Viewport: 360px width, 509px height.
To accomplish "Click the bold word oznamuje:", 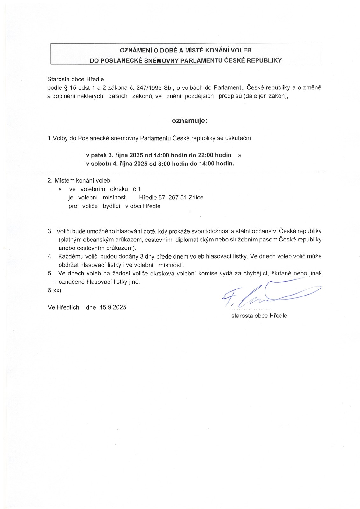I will (x=189, y=121).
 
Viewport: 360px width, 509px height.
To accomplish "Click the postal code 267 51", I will (x=178, y=198).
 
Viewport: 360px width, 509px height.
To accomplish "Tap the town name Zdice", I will (x=196, y=198).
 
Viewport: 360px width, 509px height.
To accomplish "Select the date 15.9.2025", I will (x=113, y=307).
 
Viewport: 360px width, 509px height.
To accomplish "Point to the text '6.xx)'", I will (x=54, y=290).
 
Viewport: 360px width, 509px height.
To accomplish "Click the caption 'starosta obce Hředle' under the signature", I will (x=259, y=316).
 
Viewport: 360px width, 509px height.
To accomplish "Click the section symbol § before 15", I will (x=66, y=88).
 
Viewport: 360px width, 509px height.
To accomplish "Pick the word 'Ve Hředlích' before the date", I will (x=63, y=307).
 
